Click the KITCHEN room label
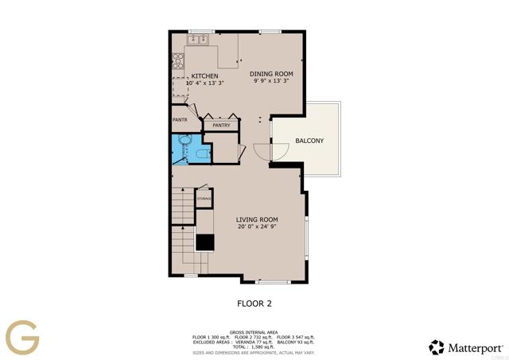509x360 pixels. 204,76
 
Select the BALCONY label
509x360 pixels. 309,141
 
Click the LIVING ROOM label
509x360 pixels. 257,219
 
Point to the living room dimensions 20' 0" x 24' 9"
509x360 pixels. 257,227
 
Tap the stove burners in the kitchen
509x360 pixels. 178,60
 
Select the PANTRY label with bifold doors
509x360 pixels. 222,125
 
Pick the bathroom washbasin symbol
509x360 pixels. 184,141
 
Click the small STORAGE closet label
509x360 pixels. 204,198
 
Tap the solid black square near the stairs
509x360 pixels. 205,243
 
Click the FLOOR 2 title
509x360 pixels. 255,303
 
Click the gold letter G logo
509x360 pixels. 21,336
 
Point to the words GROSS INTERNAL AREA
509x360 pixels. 254,331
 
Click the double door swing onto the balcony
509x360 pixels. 270,149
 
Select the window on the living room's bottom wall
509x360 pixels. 271,281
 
